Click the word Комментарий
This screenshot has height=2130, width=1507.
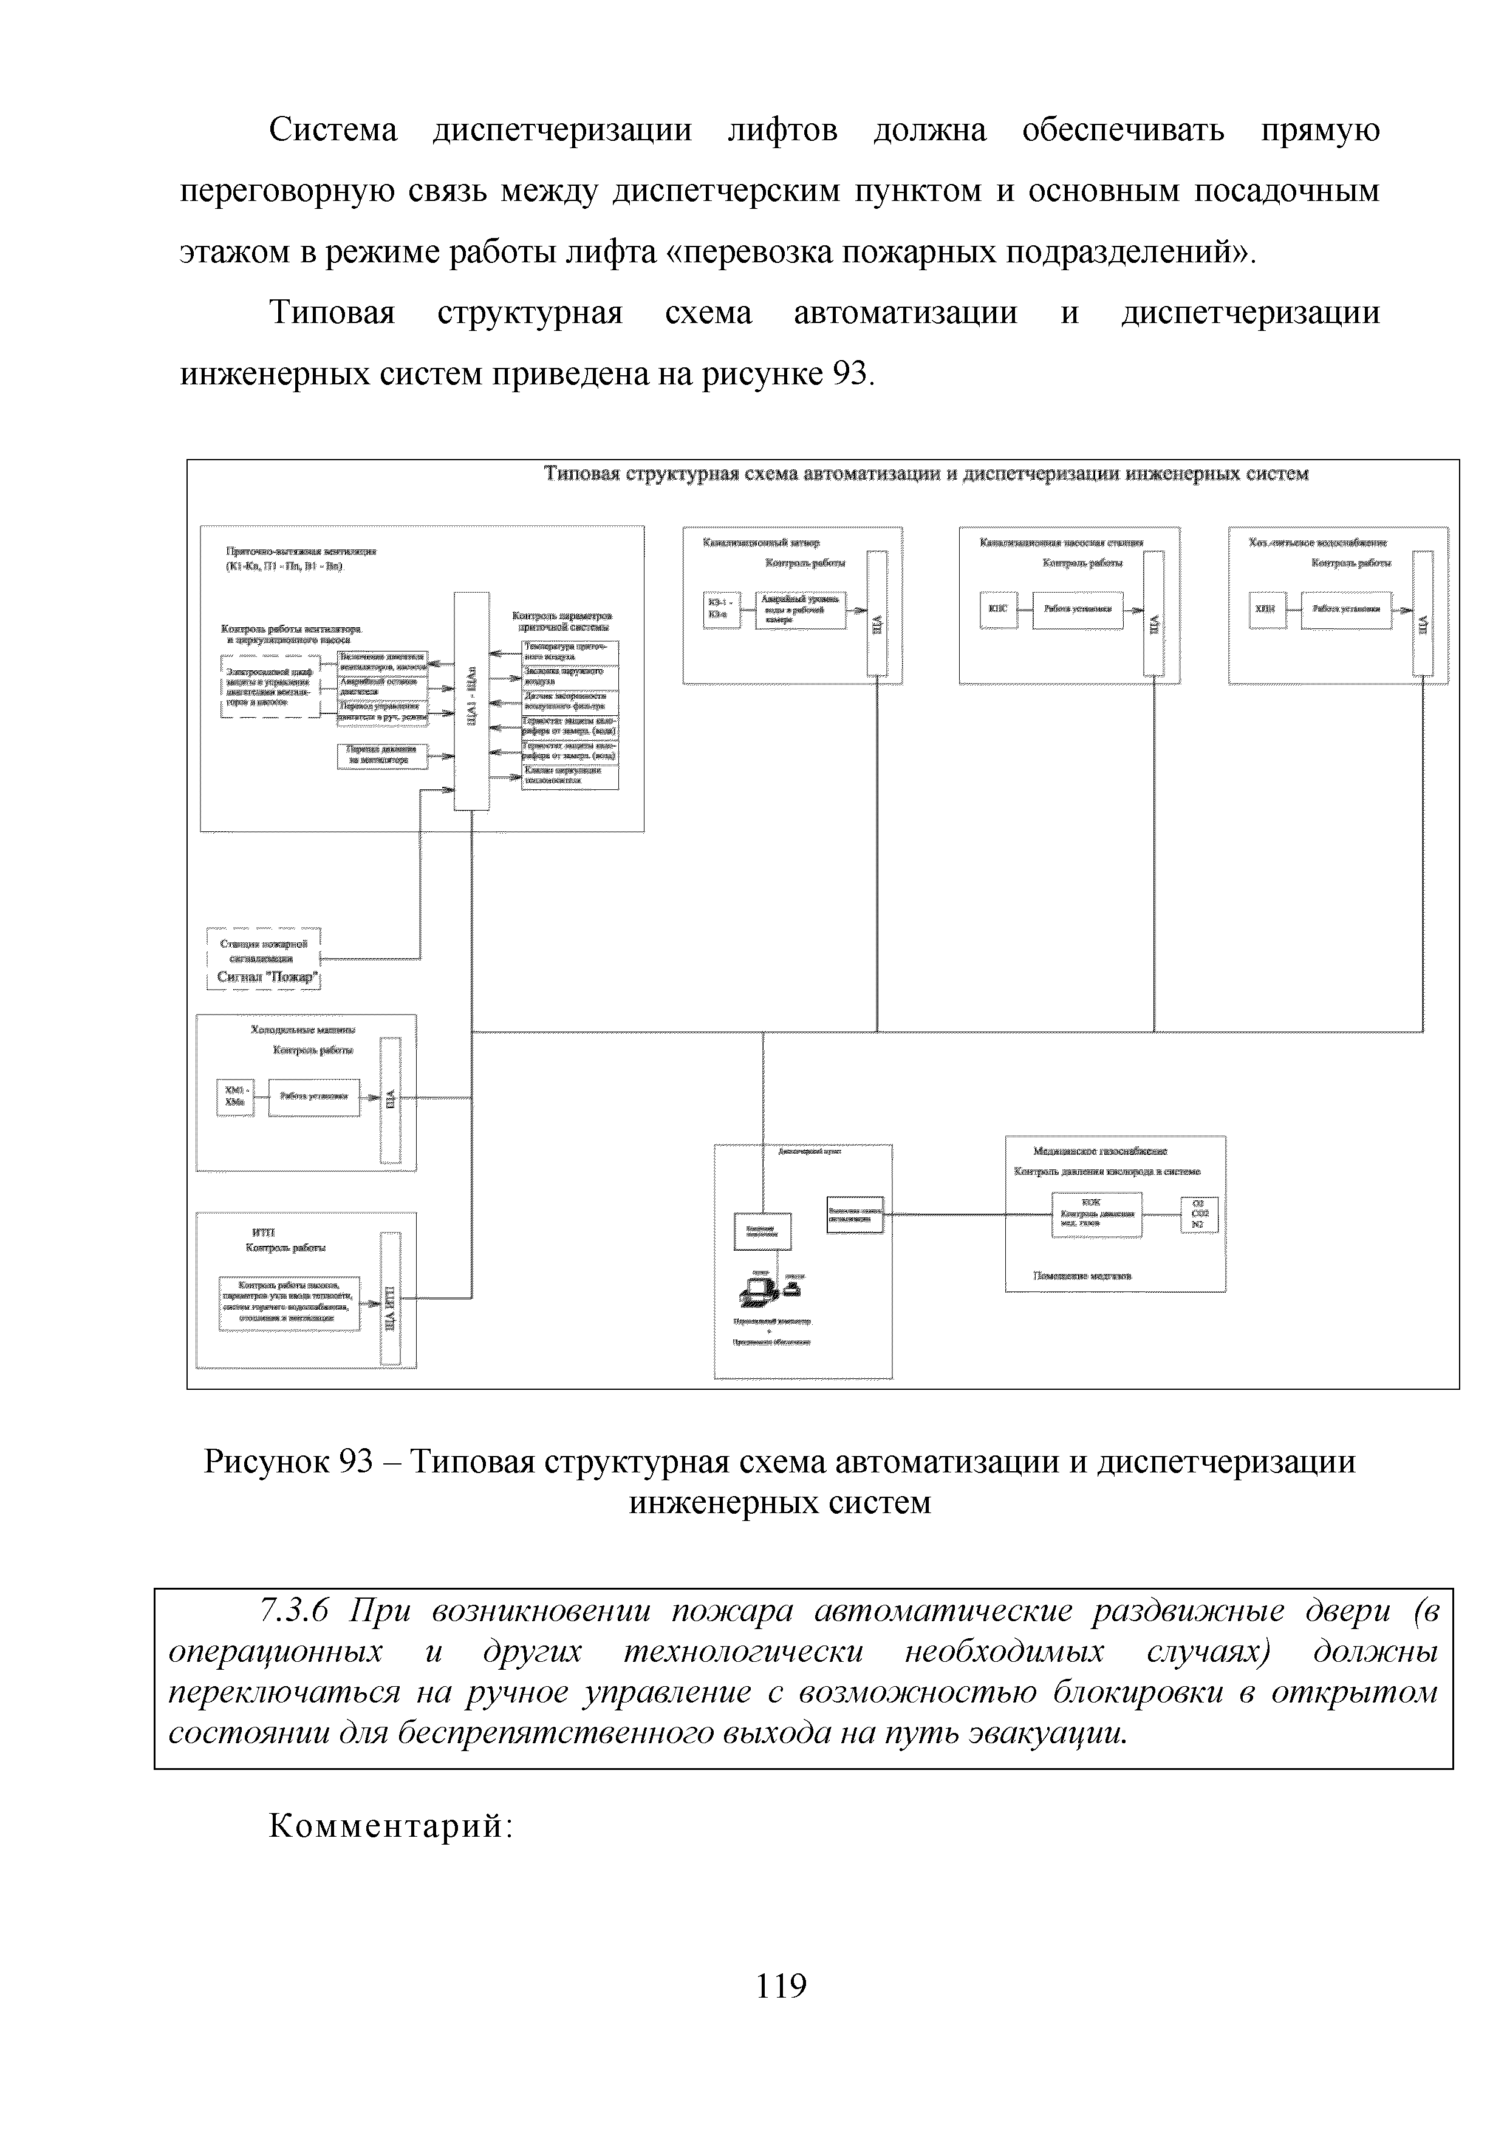(x=390, y=1826)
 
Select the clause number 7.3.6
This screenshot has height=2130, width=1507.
(x=295, y=1611)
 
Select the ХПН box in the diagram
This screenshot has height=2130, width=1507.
(x=1266, y=610)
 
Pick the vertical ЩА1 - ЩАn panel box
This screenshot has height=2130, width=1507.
(x=471, y=701)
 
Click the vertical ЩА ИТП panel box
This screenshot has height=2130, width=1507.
(x=391, y=1299)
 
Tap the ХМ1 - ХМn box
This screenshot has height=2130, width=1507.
(x=235, y=1097)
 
